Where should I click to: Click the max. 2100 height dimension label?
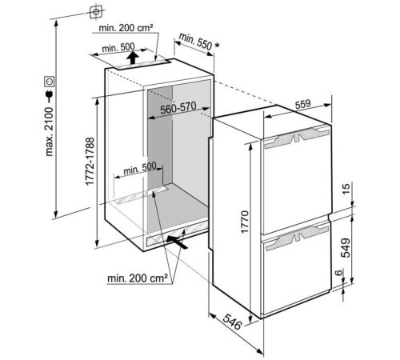pyautogui.click(x=50, y=131)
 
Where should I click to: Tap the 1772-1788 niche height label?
pyautogui.click(x=90, y=161)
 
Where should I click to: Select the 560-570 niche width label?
pyautogui.click(x=178, y=108)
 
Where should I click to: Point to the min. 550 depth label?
pyautogui.click(x=199, y=42)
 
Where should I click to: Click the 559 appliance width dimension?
pyautogui.click(x=303, y=104)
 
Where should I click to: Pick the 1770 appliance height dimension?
pyautogui.click(x=244, y=222)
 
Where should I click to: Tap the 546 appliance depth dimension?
pyautogui.click(x=232, y=322)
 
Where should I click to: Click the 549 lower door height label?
pyautogui.click(x=346, y=248)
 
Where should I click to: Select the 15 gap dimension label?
pyautogui.click(x=346, y=189)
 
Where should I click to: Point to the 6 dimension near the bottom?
pyautogui.click(x=338, y=273)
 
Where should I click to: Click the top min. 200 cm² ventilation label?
pyautogui.click(x=126, y=28)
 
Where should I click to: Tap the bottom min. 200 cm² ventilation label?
pyautogui.click(x=138, y=278)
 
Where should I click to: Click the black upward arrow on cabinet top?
pyautogui.click(x=133, y=58)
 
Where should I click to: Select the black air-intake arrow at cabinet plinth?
pyautogui.click(x=177, y=242)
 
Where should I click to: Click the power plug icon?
pyautogui.click(x=50, y=96)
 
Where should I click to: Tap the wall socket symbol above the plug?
pyautogui.click(x=50, y=82)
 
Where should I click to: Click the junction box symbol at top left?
pyautogui.click(x=96, y=12)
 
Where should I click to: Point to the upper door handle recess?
pyautogui.click(x=297, y=137)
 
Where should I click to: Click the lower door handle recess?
pyautogui.click(x=297, y=238)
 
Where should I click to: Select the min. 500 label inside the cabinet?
pyautogui.click(x=140, y=168)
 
